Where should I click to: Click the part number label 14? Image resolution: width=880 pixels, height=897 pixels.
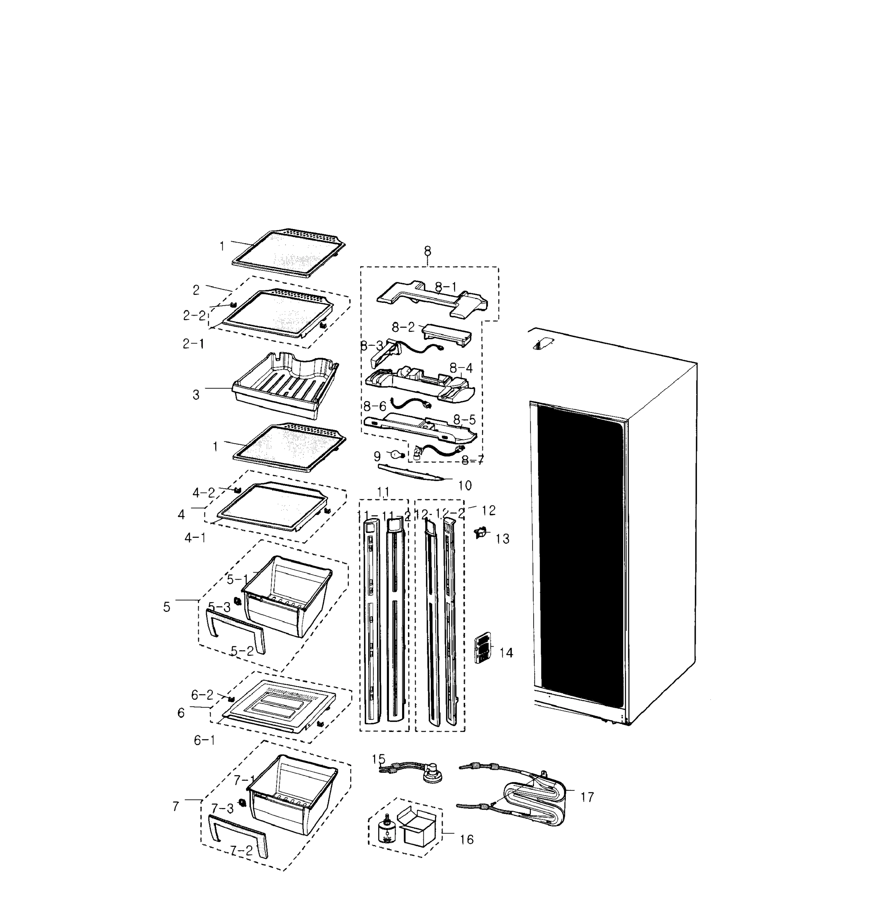(506, 653)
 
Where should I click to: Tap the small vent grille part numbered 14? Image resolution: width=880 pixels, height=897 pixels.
(482, 647)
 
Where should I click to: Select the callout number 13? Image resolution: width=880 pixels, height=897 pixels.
(502, 539)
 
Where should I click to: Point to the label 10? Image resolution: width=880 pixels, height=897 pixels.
(464, 486)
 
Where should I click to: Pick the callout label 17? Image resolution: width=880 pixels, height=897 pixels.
(587, 797)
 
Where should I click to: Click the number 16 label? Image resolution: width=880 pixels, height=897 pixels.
(467, 839)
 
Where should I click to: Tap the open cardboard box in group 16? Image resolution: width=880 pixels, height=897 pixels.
(417, 827)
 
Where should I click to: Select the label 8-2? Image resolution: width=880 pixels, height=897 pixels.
(403, 327)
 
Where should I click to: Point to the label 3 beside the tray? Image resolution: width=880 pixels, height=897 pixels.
(196, 395)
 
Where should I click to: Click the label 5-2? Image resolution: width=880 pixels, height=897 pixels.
(242, 651)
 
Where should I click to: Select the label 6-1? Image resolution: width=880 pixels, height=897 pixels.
(204, 740)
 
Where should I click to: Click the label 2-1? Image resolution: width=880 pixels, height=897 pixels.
(193, 343)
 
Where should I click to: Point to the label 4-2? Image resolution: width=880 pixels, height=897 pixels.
(204, 493)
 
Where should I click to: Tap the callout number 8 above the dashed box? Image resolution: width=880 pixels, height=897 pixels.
(427, 251)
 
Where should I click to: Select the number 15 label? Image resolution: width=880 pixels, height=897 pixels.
(379, 759)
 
